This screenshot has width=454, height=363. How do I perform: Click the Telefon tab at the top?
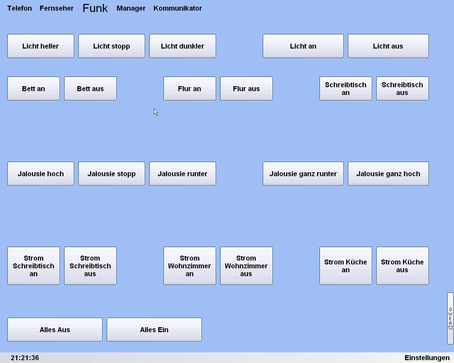tap(20, 8)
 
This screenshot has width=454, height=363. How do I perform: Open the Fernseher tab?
tap(56, 8)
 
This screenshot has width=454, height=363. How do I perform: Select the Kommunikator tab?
tap(178, 8)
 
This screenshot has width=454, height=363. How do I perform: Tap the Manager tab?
tap(131, 8)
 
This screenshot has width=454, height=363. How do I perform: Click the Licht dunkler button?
tap(182, 46)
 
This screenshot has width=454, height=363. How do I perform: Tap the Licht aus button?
tap(388, 46)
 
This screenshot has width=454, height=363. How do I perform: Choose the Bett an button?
tap(34, 89)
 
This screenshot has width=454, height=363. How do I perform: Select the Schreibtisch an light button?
tap(345, 89)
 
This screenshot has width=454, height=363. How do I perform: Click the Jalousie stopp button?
tap(112, 174)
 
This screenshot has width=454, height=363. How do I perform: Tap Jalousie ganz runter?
tap(303, 174)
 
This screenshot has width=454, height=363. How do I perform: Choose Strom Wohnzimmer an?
tap(190, 266)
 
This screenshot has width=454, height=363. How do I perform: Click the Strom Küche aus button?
tap(402, 266)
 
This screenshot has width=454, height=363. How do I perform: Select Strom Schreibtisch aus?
tap(90, 266)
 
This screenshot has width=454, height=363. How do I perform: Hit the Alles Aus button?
tap(55, 329)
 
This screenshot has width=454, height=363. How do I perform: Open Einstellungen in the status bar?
tap(427, 358)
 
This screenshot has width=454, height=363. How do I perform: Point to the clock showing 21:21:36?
tap(25, 358)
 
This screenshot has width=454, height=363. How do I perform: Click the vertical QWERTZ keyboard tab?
tap(450, 318)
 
